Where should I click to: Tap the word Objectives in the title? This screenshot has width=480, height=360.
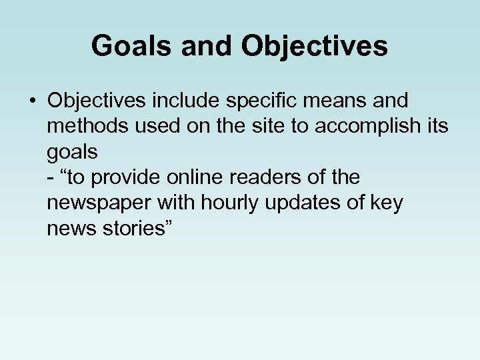point(315,46)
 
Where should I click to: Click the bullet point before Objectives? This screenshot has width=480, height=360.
point(31,102)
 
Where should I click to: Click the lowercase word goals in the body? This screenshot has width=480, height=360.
point(73,153)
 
